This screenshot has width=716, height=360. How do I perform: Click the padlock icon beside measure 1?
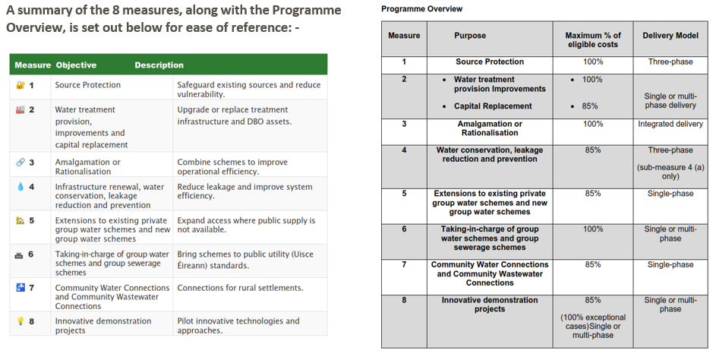click(20, 85)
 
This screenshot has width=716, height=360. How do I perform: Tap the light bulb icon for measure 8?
click(20, 321)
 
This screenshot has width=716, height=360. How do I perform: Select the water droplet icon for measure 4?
click(20, 187)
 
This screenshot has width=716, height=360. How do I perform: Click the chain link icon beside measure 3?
click(20, 163)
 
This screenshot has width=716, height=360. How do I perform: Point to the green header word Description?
click(159, 65)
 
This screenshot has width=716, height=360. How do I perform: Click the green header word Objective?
click(76, 65)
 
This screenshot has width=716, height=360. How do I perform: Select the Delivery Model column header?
click(670, 36)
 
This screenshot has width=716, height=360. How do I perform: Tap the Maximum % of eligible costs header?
click(593, 39)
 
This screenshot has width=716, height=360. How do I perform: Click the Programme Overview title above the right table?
click(421, 8)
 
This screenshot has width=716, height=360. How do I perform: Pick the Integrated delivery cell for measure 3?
click(670, 124)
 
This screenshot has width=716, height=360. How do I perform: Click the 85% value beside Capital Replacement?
click(589, 106)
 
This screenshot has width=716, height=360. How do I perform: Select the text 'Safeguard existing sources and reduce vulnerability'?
click(249, 90)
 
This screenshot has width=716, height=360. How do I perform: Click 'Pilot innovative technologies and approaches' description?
click(238, 325)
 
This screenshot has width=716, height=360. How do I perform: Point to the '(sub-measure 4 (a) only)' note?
click(670, 172)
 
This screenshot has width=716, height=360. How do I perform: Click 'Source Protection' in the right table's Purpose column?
click(490, 62)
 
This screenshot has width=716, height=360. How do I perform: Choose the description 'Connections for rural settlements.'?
click(240, 288)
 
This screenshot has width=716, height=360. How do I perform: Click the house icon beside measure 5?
click(20, 220)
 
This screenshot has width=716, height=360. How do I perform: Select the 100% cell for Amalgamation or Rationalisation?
click(593, 124)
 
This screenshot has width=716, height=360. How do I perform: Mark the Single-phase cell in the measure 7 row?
click(670, 264)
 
